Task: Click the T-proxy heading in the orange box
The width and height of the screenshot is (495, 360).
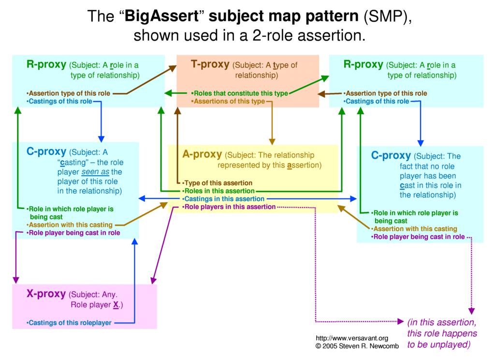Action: pyautogui.click(x=210, y=64)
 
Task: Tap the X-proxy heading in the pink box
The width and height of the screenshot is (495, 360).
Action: pyautogui.click(x=46, y=294)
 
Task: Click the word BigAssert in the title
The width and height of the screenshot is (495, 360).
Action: pyautogui.click(x=161, y=16)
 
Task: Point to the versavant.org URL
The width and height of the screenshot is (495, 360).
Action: pyautogui.click(x=352, y=338)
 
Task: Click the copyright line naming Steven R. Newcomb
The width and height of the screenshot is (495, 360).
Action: pyautogui.click(x=357, y=346)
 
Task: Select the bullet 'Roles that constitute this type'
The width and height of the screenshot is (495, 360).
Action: pyautogui.click(x=240, y=93)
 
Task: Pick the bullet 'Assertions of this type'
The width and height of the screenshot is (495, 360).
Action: pyautogui.click(x=228, y=101)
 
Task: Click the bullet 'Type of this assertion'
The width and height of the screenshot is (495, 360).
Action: pyautogui.click(x=217, y=183)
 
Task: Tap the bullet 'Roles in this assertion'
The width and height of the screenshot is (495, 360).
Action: pyautogui.click(x=218, y=191)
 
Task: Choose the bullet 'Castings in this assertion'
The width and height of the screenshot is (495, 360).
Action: pyautogui.click(x=223, y=199)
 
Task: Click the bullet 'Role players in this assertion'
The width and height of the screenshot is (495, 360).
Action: pyautogui.click(x=229, y=207)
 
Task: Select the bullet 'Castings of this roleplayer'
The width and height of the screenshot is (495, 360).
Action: pyautogui.click(x=69, y=323)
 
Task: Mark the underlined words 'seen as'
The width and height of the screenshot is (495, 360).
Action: pyautogui.click(x=95, y=172)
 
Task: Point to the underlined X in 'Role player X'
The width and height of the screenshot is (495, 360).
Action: pyautogui.click(x=116, y=305)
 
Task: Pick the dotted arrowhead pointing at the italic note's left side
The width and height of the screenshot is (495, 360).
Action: pyautogui.click(x=400, y=322)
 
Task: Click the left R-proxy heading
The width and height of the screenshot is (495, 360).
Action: pyautogui.click(x=46, y=64)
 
